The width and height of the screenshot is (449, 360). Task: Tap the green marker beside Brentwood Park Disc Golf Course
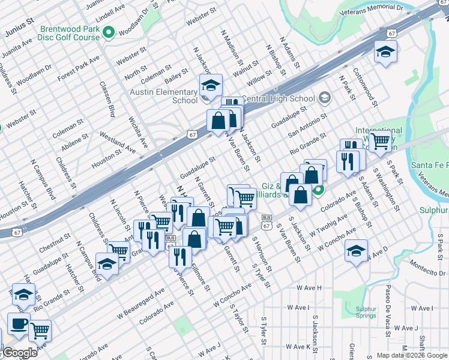click(x=109, y=32)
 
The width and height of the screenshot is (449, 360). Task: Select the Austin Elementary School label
click(x=164, y=96)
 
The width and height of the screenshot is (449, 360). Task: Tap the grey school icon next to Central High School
click(x=324, y=98)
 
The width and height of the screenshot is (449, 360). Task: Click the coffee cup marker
click(x=18, y=323)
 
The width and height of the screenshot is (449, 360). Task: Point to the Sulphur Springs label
click(x=366, y=313)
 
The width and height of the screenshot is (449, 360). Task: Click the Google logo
click(x=19, y=353)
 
